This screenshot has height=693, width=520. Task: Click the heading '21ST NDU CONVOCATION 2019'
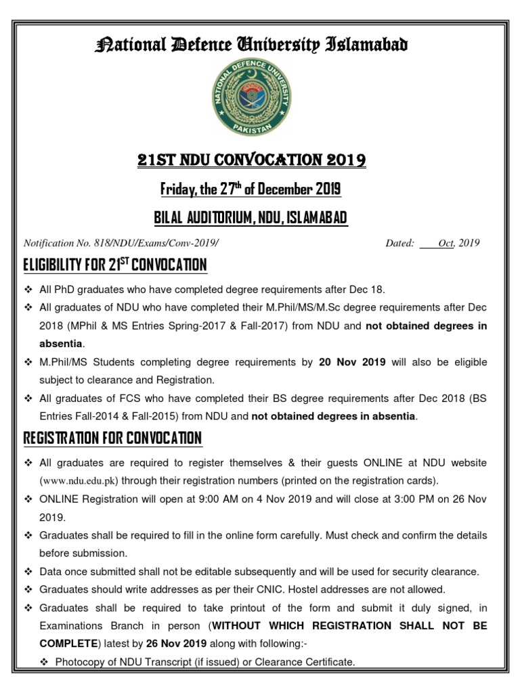252,160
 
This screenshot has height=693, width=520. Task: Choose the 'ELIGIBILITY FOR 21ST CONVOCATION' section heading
115,265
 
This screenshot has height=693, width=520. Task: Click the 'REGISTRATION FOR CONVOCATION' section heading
112,438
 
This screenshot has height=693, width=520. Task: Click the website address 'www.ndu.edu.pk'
79,480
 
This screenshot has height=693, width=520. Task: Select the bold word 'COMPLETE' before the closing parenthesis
68,644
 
